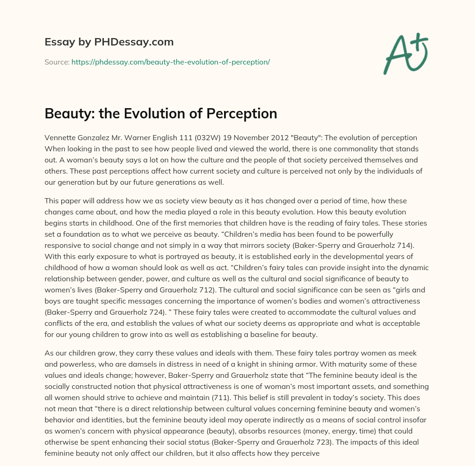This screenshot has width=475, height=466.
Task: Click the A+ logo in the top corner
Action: coord(406,54)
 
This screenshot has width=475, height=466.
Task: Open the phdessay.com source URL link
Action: coord(171,62)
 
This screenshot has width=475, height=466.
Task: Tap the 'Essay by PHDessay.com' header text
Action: coord(109,42)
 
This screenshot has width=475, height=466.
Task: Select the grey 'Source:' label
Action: coord(57,62)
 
